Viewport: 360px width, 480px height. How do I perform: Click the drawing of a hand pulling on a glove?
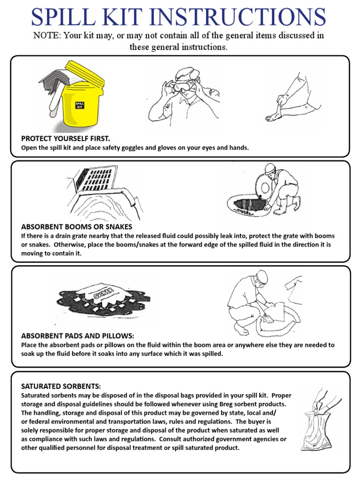(x=286, y=98)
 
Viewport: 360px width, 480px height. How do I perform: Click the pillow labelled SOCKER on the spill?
(x=105, y=293)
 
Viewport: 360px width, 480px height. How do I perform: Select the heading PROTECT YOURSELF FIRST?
(x=66, y=139)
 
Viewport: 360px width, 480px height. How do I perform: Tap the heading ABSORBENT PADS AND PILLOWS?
(x=78, y=336)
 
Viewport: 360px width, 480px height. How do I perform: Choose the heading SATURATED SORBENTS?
(x=61, y=386)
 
